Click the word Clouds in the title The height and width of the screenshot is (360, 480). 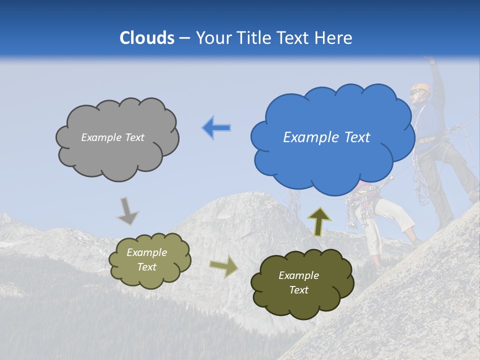pyautogui.click(x=147, y=38)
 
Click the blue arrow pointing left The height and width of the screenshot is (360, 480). pyautogui.click(x=216, y=128)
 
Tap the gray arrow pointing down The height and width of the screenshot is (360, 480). pyautogui.click(x=127, y=211)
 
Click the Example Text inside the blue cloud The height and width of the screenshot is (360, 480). pyautogui.click(x=326, y=137)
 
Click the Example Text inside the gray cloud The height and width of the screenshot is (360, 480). pyautogui.click(x=112, y=137)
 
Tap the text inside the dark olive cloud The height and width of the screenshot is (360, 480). pyautogui.click(x=298, y=282)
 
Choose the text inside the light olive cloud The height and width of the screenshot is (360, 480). pyautogui.click(x=146, y=259)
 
